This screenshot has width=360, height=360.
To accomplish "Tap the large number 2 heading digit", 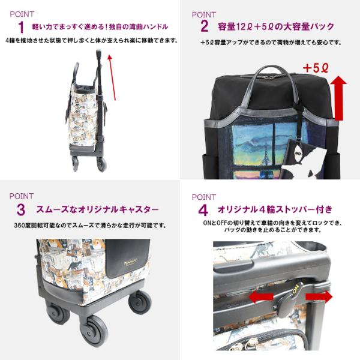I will point(204,26).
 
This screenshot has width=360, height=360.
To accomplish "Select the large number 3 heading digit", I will point(21,210).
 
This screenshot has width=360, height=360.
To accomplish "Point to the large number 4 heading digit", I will point(203,210).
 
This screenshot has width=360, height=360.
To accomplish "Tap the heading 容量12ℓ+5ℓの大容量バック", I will point(276,27).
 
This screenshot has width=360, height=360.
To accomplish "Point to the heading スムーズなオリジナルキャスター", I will point(95,210).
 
